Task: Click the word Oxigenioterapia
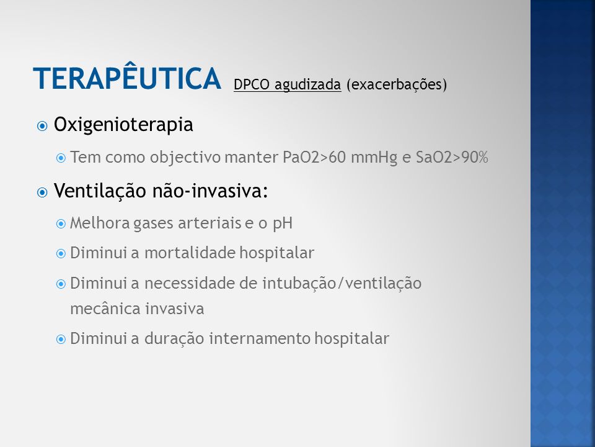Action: pyautogui.click(x=123, y=125)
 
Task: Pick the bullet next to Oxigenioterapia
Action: pyautogui.click(x=42, y=126)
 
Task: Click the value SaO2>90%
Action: pyautogui.click(x=452, y=157)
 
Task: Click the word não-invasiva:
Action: pyautogui.click(x=211, y=191)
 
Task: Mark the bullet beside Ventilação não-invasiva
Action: pyautogui.click(x=42, y=192)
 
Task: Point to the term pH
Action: pyautogui.click(x=283, y=223)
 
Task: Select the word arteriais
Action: pyautogui.click(x=209, y=223)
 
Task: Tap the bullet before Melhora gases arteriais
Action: pyautogui.click(x=61, y=224)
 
